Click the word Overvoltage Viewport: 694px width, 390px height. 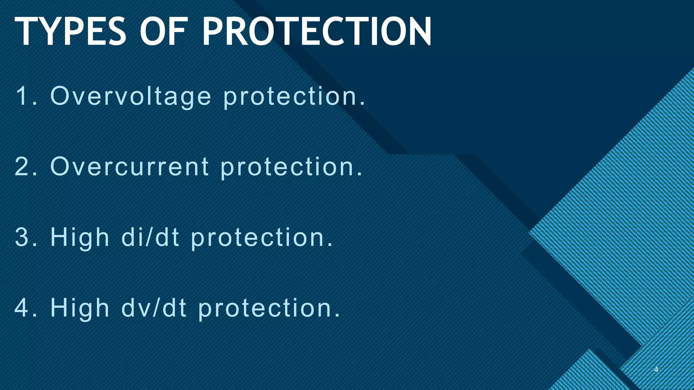[131, 96]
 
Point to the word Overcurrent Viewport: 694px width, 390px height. [129, 167]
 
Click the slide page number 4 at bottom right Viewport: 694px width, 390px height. [656, 370]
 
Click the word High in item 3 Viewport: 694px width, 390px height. [80, 238]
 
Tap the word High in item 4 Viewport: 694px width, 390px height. [80, 308]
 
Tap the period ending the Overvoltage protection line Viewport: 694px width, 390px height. [363, 104]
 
